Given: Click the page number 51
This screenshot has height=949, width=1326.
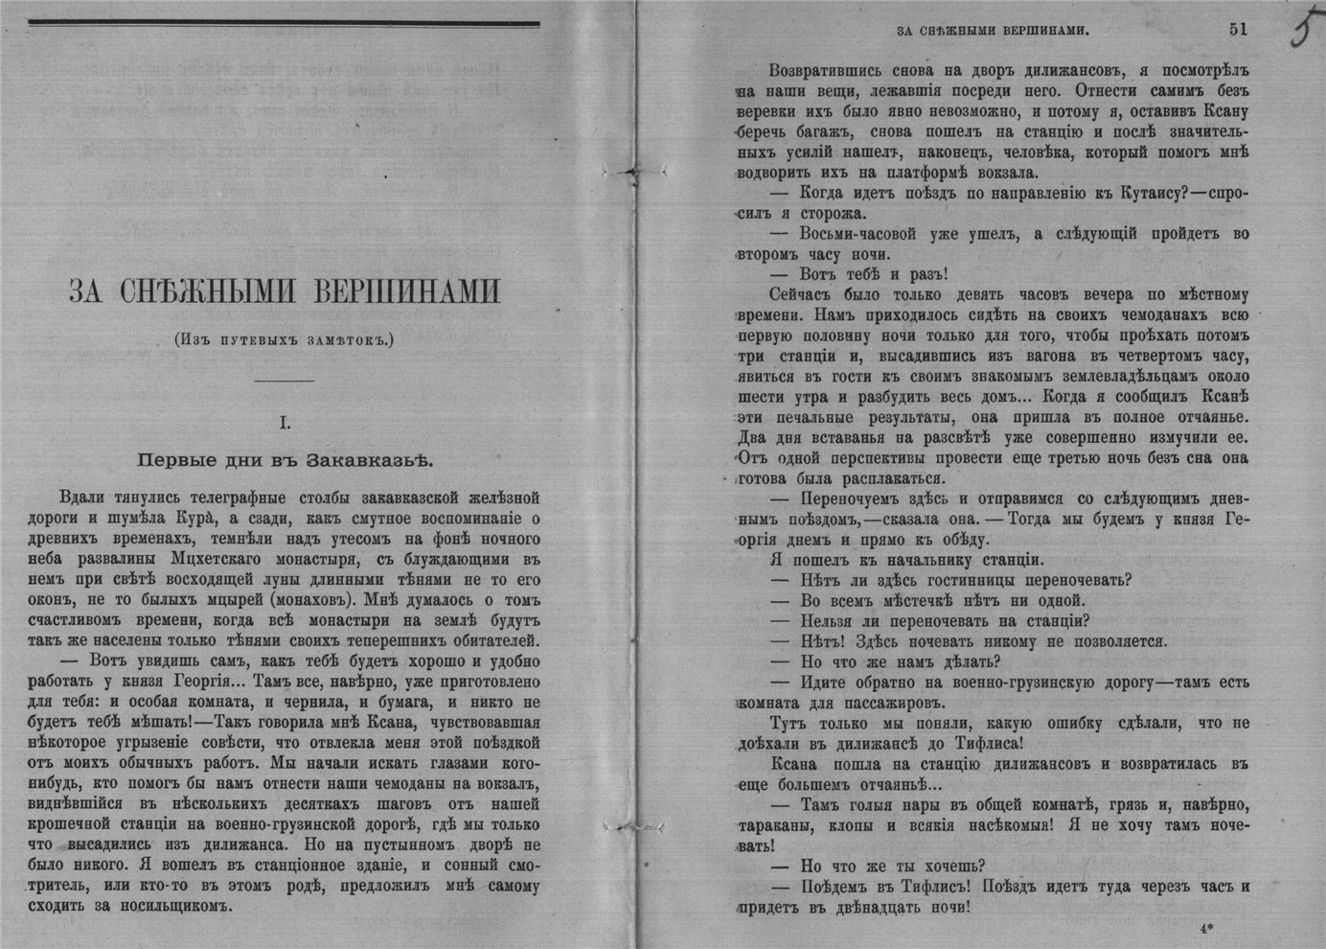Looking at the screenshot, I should (1238, 29).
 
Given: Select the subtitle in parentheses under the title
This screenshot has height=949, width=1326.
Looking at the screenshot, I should (284, 338).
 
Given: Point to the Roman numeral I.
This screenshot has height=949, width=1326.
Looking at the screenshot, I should (285, 422).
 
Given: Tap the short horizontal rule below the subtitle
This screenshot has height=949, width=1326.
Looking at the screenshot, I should (285, 381).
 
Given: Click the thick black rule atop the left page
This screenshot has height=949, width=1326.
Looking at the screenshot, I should (284, 24).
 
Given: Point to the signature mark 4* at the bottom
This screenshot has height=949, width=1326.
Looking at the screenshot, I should (1205, 929).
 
